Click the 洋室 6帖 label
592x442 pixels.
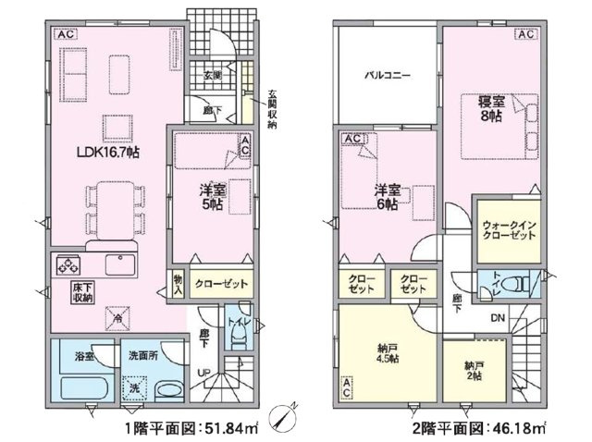[386, 196]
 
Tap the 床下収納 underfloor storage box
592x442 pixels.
[80, 292]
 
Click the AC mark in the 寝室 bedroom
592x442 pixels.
[524, 36]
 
